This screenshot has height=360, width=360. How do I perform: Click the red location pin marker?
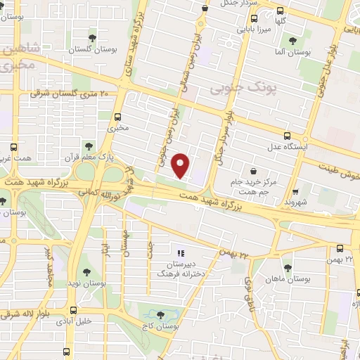point(181,164)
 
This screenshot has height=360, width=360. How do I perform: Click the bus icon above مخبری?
point(117,117)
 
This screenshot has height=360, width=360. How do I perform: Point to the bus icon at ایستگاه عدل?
point(286,136)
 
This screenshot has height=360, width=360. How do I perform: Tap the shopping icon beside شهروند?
point(296,190)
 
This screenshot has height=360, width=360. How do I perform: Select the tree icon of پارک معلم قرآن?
point(89,146)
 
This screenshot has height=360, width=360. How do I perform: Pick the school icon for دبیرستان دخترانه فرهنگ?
point(180,252)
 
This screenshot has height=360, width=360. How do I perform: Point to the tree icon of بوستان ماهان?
point(287,267)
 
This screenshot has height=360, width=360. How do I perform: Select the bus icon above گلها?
point(281,11)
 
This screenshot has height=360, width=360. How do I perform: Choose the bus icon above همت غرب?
point(13,148)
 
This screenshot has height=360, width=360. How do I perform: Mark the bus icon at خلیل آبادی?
point(73,311)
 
